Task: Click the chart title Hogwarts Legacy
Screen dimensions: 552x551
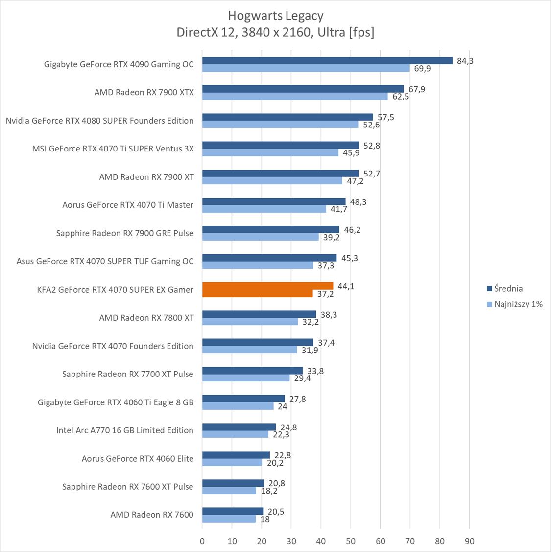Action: pyautogui.click(x=275, y=16)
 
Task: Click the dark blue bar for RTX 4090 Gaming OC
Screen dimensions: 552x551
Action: pyautogui.click(x=327, y=61)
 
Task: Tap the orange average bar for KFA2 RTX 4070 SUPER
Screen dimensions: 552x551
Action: pyautogui.click(x=267, y=286)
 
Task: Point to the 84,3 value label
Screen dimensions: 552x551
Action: pyautogui.click(x=465, y=61)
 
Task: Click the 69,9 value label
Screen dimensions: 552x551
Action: pyautogui.click(x=422, y=69)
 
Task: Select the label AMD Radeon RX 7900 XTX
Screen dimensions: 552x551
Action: pyautogui.click(x=144, y=92)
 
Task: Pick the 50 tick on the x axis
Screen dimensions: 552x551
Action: pyautogui.click(x=351, y=541)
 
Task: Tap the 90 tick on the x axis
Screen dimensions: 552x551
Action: pyautogui.click(x=469, y=541)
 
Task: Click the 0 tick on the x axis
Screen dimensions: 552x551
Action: pyautogui.click(x=202, y=541)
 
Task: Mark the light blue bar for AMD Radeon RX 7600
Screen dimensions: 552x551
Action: pyautogui.click(x=229, y=519)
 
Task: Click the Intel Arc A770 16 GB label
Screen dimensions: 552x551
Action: pyautogui.click(x=125, y=430)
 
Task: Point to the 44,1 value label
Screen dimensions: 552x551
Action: pyautogui.click(x=346, y=286)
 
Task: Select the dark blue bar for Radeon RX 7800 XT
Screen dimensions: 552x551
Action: pyautogui.click(x=259, y=314)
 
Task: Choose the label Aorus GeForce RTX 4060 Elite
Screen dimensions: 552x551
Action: pyautogui.click(x=138, y=459)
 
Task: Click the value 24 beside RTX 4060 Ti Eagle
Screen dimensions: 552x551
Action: pyautogui.click(x=283, y=406)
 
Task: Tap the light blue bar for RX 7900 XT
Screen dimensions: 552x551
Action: pyautogui.click(x=272, y=181)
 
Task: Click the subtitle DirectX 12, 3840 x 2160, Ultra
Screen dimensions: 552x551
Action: pyautogui.click(x=275, y=32)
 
